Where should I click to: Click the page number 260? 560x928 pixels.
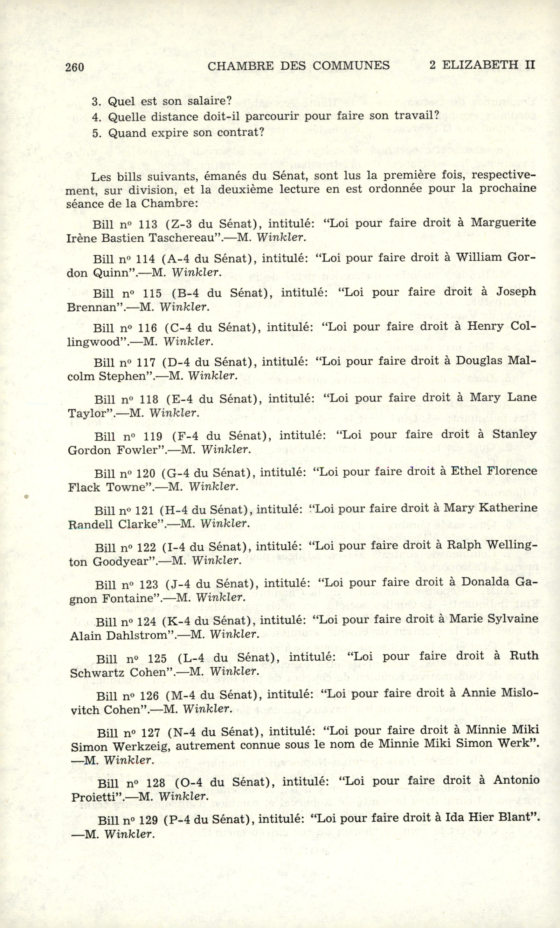tap(74, 67)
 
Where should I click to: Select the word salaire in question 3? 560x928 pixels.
tap(209, 101)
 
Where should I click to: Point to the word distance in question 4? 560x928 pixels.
tap(177, 117)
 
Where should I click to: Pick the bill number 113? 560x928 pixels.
tap(148, 224)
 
